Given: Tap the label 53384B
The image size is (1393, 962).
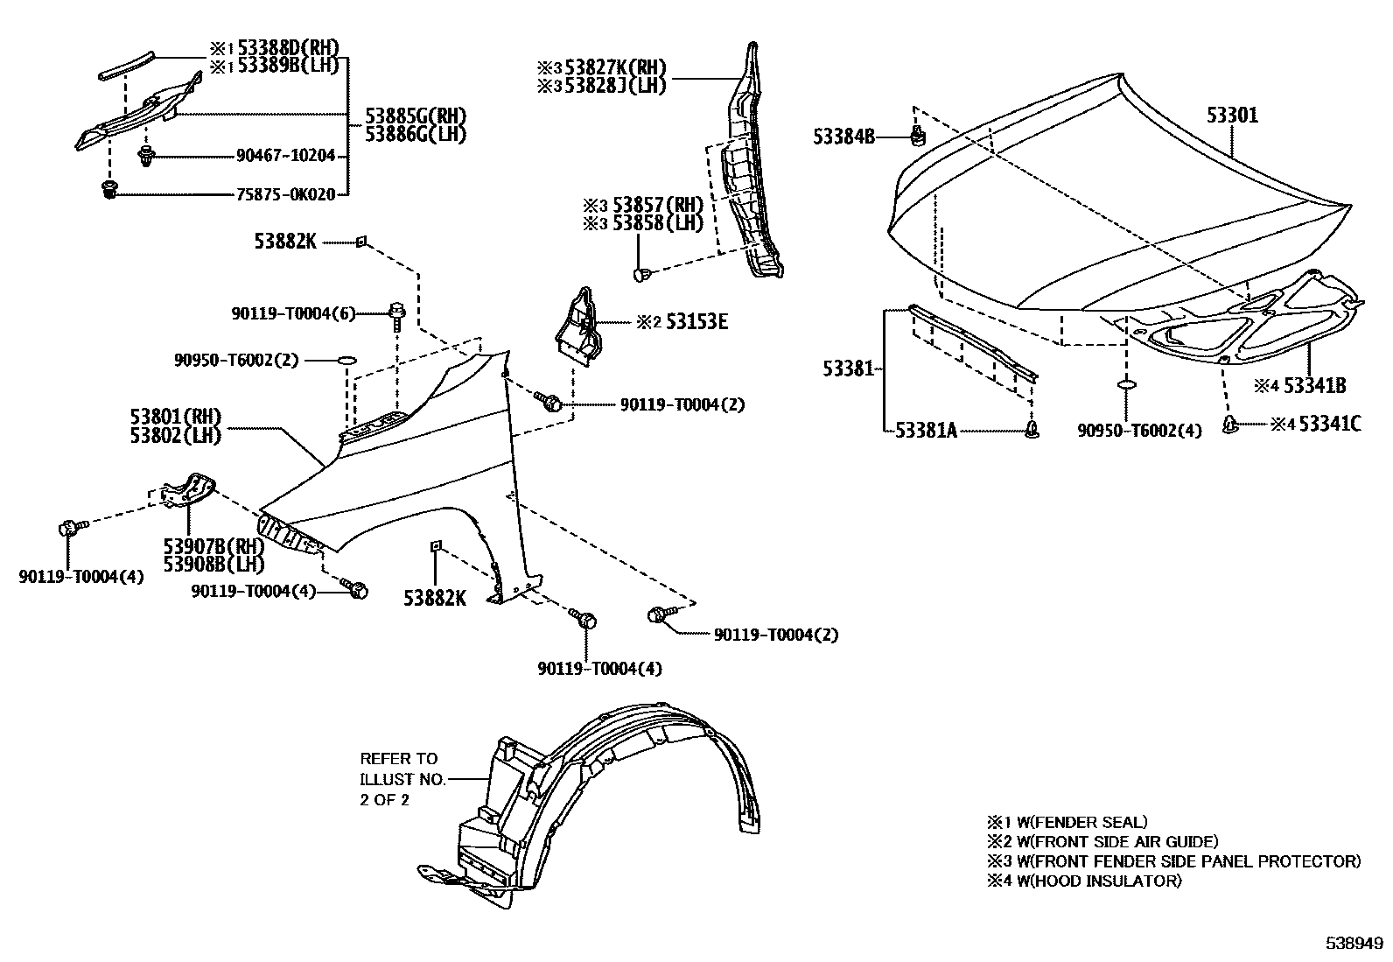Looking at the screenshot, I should click(843, 137).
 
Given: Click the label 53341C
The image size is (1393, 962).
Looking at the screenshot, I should click(1329, 425).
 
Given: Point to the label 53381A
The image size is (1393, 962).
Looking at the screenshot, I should click(927, 430).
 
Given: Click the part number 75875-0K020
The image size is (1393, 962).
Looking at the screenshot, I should click(285, 195).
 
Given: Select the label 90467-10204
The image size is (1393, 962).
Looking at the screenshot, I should click(285, 156).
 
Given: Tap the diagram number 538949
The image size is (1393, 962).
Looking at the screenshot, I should click(1353, 944).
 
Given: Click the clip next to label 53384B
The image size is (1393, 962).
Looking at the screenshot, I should click(918, 136).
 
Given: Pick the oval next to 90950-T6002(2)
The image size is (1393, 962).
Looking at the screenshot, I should click(346, 360).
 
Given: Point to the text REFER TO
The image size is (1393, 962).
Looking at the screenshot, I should click(398, 759).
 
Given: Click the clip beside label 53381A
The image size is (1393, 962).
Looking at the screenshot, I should click(1033, 429).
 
